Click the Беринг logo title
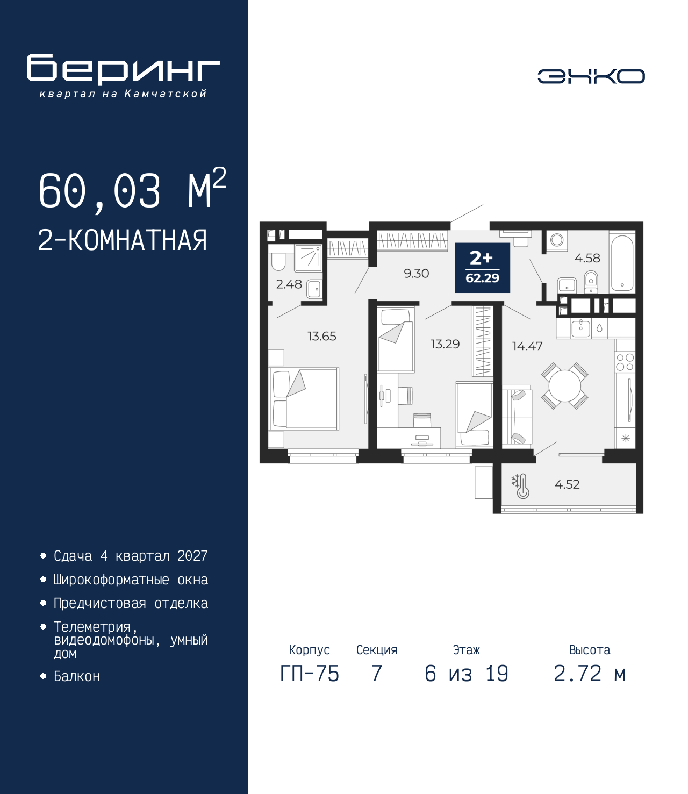(x=123, y=69)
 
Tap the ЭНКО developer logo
(x=591, y=76)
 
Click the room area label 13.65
(x=321, y=336)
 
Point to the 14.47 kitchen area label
(x=527, y=346)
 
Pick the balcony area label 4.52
(x=567, y=484)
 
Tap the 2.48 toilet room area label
(x=289, y=284)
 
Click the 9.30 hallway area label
(x=416, y=273)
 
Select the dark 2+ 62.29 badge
(x=482, y=267)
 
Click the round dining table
(x=564, y=385)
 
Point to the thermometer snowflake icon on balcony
(x=520, y=487)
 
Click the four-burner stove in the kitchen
(x=625, y=362)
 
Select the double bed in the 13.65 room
(x=304, y=399)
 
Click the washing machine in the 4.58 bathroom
(x=556, y=240)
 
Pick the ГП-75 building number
(x=309, y=674)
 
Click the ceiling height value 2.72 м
(x=590, y=674)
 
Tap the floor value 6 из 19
(x=467, y=674)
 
